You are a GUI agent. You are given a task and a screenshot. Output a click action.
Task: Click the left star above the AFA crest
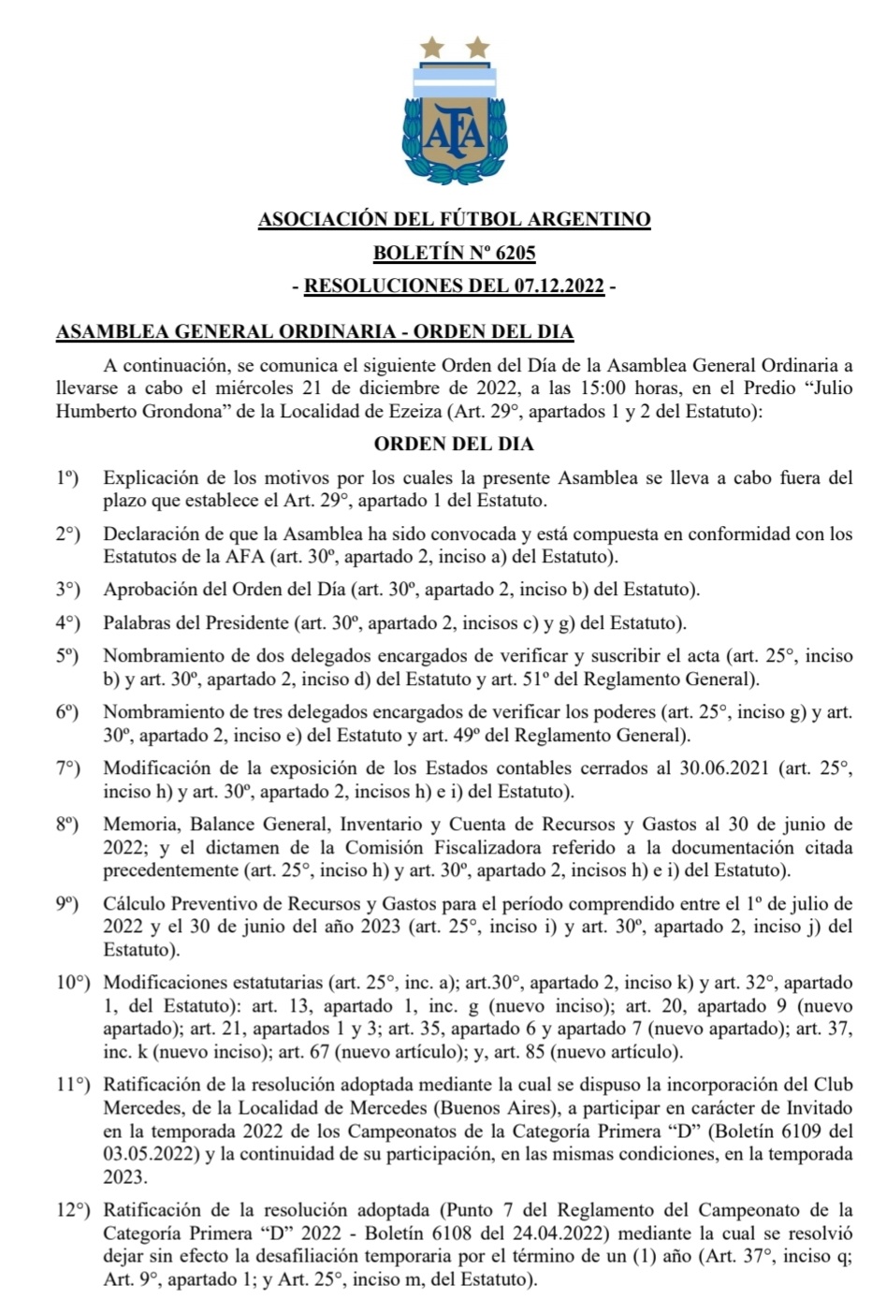coord(431,46)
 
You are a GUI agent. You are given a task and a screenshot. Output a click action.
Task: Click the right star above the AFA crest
coord(477,46)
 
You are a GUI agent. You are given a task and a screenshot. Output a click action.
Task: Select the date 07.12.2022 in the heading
coord(559,286)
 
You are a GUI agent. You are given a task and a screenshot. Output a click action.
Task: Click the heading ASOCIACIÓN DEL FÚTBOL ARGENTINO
coord(455,220)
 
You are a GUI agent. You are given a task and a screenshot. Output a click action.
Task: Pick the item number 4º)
coord(67,622)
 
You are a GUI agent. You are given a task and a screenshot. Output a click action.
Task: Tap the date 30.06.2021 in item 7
coord(724,768)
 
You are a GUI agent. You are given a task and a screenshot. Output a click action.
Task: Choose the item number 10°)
coord(72,983)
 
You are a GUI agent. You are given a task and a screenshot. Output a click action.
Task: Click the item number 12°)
coord(72,1210)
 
